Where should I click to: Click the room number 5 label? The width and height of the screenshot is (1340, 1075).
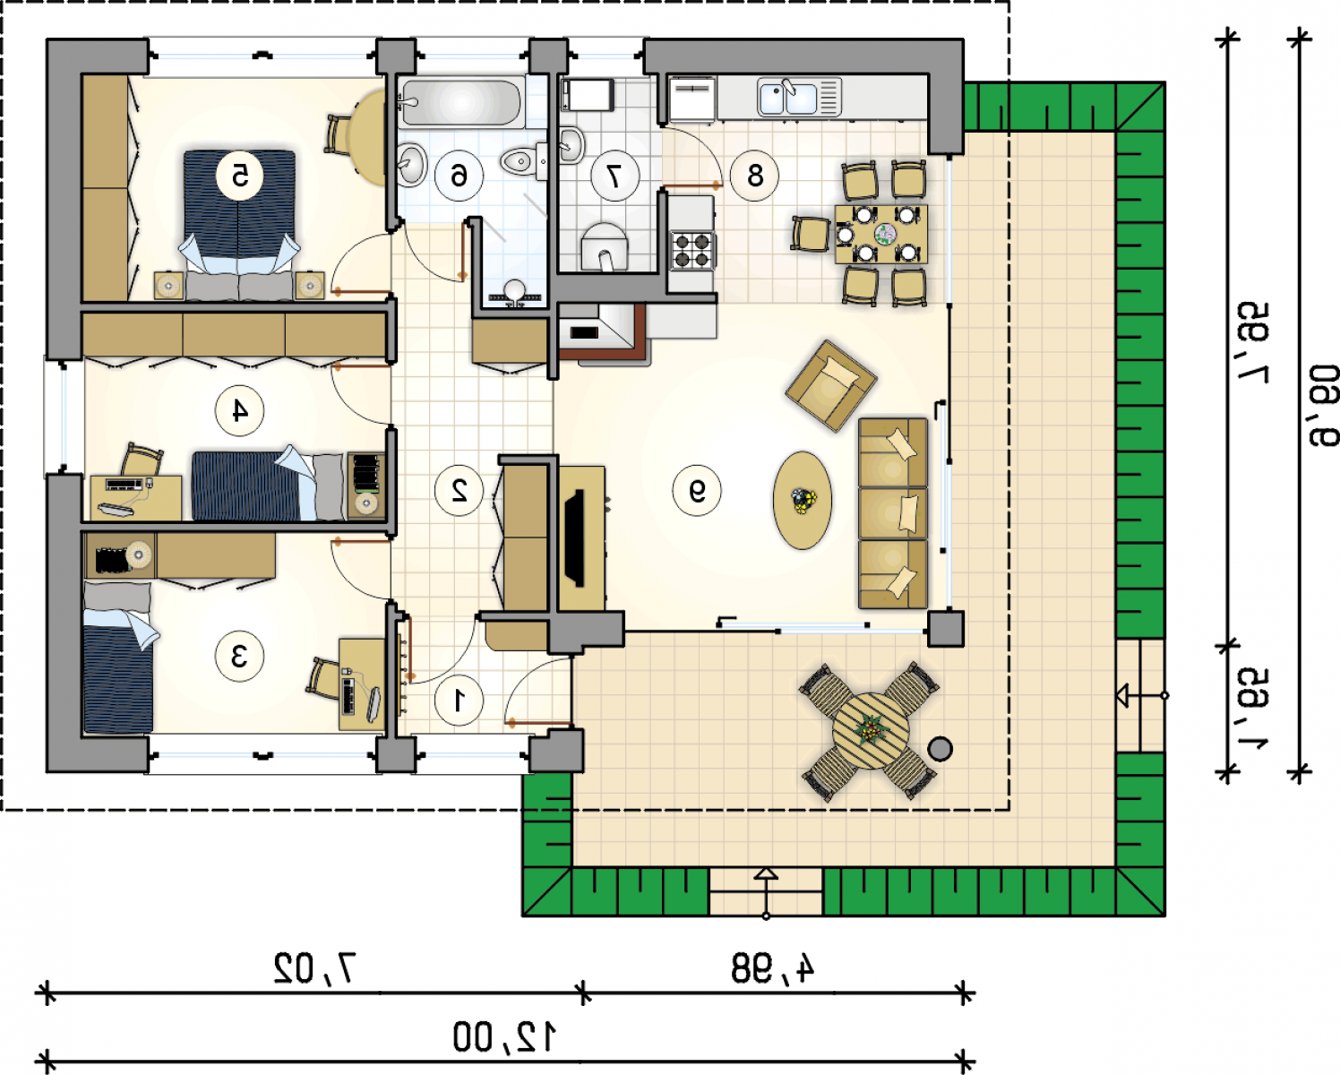pos(240,176)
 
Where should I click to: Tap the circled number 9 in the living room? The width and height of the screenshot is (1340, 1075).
pos(697,491)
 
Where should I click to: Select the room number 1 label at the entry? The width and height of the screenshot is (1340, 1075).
pos(459,701)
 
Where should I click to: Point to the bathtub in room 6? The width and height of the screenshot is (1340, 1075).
pos(460,103)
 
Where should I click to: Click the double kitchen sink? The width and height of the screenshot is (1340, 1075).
pos(799,97)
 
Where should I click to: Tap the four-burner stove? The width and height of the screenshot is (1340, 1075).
pos(692,250)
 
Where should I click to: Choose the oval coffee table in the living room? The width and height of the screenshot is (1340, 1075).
pos(803,501)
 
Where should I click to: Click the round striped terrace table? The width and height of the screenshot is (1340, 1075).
pos(871,731)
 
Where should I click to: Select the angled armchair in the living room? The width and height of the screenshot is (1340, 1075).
pos(830,385)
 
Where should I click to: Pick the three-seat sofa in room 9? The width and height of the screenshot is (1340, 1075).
pos(893,513)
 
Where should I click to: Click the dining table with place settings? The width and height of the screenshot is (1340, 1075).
pos(881,234)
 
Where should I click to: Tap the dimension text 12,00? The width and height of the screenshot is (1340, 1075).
pos(504,1037)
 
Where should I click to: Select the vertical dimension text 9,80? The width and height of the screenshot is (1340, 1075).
pos(1323,406)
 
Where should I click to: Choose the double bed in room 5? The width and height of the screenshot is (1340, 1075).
pos(239,211)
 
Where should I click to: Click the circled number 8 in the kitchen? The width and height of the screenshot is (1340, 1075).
pos(755,176)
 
